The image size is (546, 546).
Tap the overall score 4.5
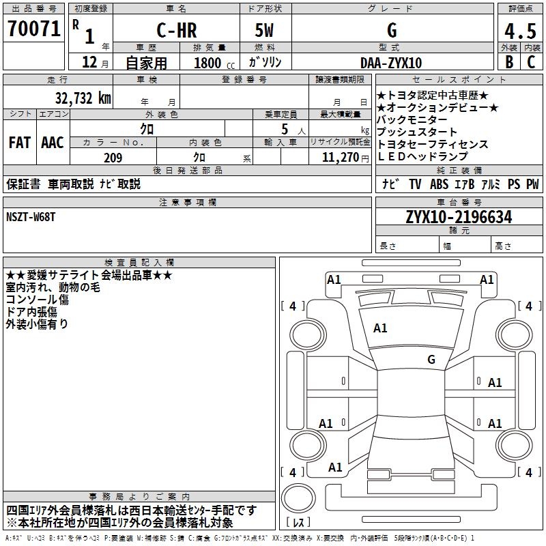coord(519,31)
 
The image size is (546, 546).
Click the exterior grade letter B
coord(508,62)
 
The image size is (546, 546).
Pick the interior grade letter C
coord(530,62)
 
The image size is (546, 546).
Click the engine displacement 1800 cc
coord(212,63)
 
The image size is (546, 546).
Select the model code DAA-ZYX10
coord(391,63)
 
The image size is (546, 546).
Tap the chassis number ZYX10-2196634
coord(459,217)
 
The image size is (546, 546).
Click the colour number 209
coord(113,158)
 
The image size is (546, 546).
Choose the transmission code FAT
coord(20,143)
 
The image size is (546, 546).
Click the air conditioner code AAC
coord(53,143)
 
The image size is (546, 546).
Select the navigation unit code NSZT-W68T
coord(32,216)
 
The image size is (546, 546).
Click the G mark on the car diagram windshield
coord(431,359)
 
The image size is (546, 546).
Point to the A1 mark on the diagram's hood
coord(380,328)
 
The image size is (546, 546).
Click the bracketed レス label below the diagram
coord(299,523)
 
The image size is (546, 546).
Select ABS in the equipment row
coord(439,184)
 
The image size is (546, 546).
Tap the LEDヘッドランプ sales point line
coord(422,157)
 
